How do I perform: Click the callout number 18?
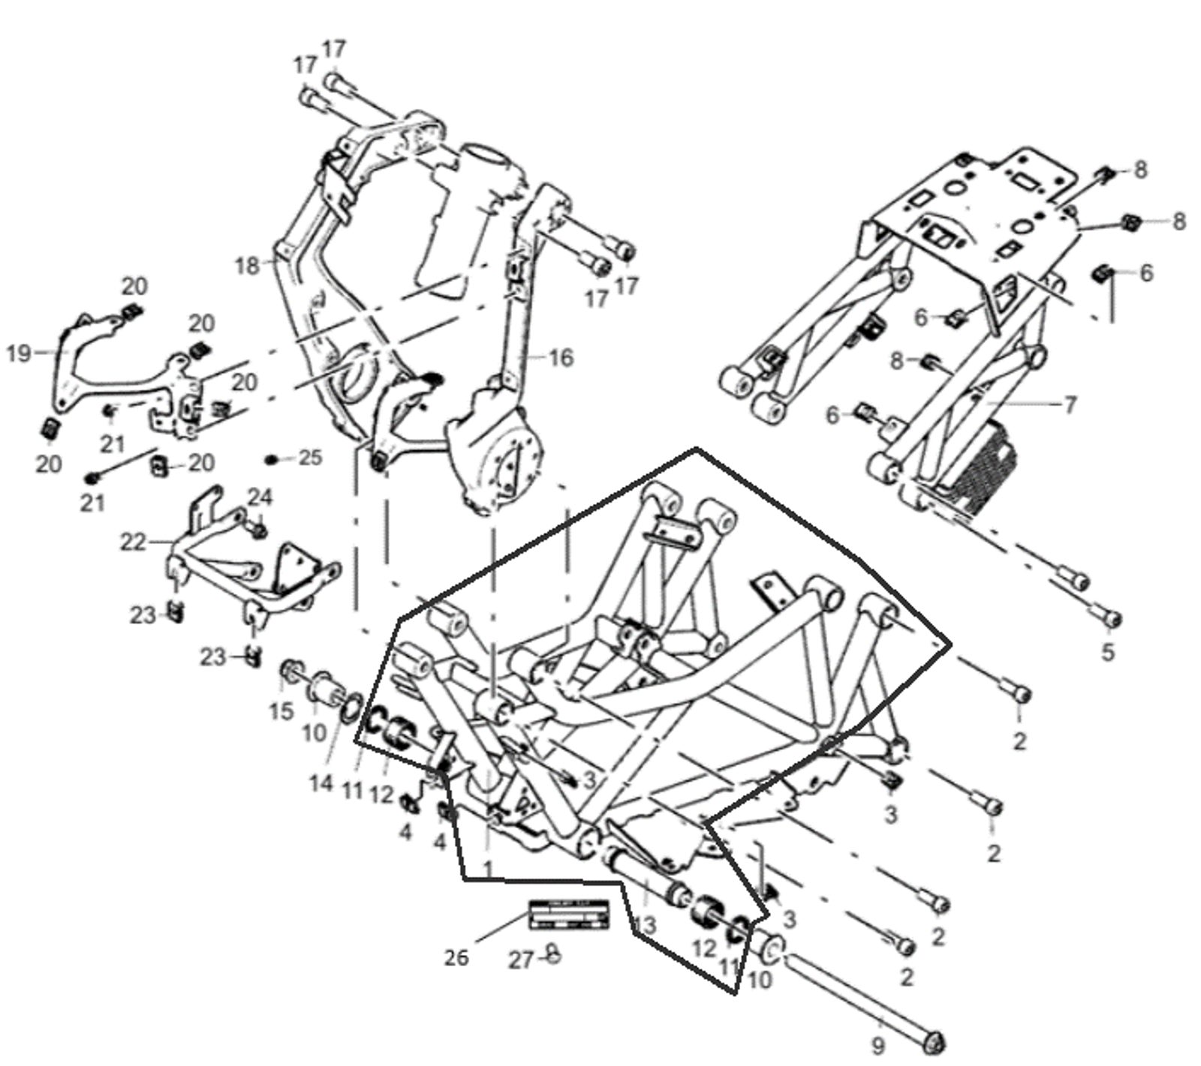tap(247, 266)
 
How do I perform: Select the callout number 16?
tap(561, 357)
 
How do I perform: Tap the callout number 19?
tap(20, 353)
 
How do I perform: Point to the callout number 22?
tap(133, 541)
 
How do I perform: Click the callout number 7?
tap(1070, 405)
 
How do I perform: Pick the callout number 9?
tap(877, 1043)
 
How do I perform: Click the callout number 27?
tap(520, 959)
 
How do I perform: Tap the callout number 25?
tap(309, 457)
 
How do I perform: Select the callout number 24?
tap(260, 497)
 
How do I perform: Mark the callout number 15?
tap(281, 710)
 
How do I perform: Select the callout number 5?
tap(1108, 651)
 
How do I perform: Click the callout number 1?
tap(488, 868)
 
